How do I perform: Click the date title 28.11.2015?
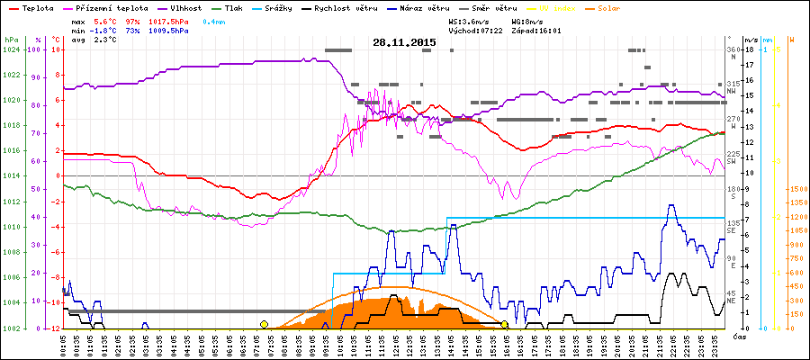pos(405,42)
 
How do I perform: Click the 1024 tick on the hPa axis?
pos(11,50)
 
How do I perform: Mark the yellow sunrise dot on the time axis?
pos(264,324)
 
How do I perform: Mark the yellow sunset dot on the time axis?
pos(505,324)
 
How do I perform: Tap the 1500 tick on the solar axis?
pos(796,189)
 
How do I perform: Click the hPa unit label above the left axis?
pos(11,40)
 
